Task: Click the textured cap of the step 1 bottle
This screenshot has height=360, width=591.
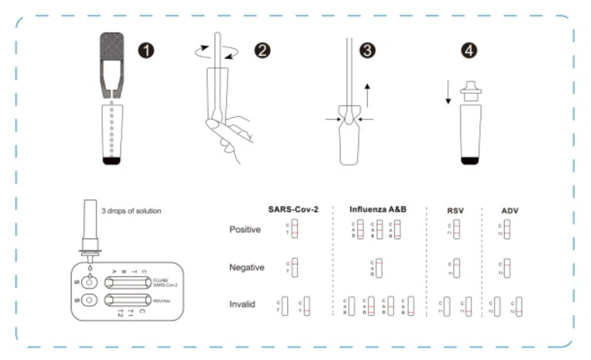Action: (112, 52)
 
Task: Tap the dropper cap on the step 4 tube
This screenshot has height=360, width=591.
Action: (471, 91)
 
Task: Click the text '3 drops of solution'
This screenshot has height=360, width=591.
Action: (131, 211)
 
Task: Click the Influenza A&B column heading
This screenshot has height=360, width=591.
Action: (378, 210)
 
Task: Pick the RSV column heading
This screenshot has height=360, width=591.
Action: (455, 210)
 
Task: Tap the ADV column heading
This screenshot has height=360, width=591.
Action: (510, 210)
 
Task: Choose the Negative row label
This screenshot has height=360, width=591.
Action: (247, 268)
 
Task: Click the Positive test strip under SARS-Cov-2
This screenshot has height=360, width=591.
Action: (294, 231)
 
